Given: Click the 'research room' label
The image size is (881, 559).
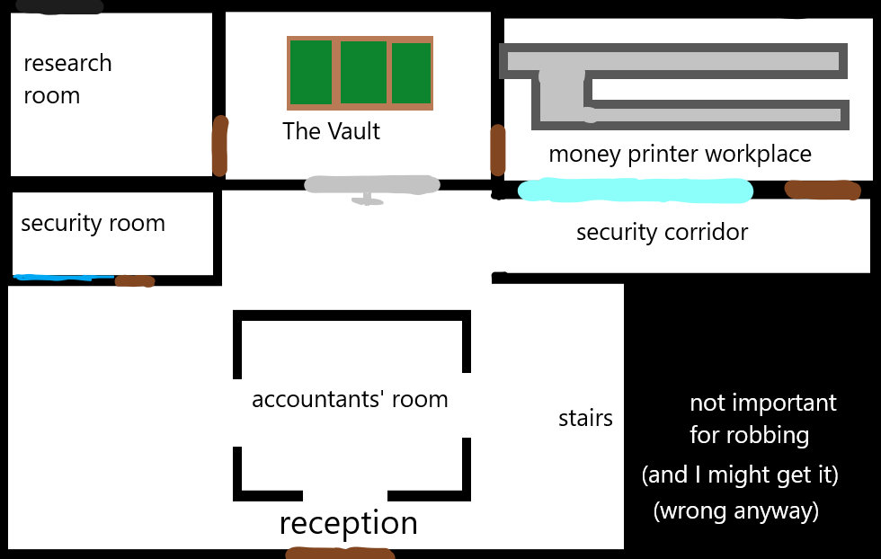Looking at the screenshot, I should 67,79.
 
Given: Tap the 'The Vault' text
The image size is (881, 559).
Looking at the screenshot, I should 331,131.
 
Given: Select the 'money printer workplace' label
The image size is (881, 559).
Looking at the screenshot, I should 680,154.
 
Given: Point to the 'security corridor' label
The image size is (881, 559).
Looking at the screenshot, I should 662,232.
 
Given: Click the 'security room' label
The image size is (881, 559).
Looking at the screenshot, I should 93,223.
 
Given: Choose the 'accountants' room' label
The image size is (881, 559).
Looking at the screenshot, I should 350,399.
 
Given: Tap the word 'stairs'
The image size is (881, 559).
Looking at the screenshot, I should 585,418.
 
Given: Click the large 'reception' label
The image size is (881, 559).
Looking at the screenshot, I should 348,522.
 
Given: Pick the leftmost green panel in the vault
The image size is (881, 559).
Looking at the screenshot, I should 311,73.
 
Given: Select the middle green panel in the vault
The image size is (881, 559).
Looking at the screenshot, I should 363,73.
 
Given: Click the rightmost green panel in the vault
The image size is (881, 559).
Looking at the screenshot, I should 412,73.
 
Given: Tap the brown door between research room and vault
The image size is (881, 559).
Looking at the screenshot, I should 219,146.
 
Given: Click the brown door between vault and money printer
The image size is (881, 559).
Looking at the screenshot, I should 497,149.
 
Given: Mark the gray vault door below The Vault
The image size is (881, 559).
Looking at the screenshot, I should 371,185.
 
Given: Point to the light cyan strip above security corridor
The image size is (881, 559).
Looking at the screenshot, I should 635,191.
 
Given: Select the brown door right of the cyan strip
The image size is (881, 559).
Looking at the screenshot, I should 823,190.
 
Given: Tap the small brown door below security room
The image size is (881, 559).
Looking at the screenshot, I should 135,281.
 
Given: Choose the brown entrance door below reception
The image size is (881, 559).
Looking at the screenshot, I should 339,553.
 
